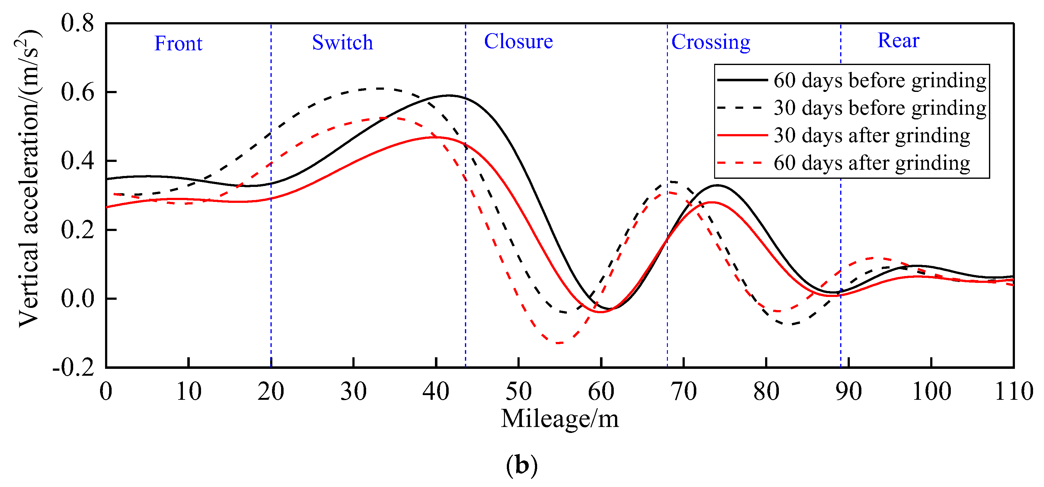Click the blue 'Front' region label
(x=178, y=43)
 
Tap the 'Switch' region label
(x=342, y=43)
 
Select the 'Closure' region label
(x=518, y=41)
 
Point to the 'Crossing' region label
(x=711, y=42)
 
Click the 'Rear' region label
(x=898, y=41)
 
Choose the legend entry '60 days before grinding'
(x=880, y=80)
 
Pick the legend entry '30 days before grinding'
(x=880, y=108)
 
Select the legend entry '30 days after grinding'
(x=871, y=135)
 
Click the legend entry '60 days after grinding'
(x=871, y=163)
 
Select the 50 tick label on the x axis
(x=518, y=391)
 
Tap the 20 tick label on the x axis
(x=271, y=391)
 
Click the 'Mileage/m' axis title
(x=560, y=419)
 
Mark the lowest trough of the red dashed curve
(x=559, y=343)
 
